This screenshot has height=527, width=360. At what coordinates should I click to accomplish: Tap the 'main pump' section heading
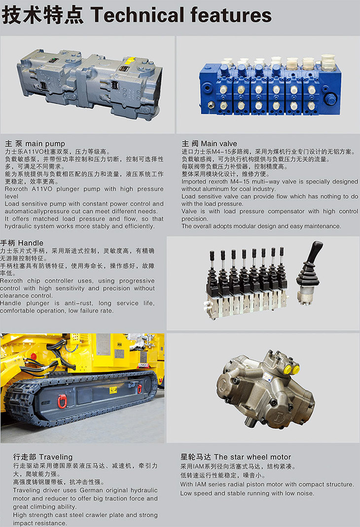45,144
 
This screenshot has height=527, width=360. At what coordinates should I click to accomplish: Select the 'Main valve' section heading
219,144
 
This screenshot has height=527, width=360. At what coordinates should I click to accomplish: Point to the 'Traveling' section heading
56,457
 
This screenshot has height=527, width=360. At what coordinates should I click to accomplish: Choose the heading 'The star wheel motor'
252,457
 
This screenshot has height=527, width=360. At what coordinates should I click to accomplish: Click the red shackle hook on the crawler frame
62,402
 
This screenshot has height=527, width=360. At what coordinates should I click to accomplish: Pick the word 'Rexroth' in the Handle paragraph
11,281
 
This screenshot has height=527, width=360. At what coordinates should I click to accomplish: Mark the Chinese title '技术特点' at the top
42,15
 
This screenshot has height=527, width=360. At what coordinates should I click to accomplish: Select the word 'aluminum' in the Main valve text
216,189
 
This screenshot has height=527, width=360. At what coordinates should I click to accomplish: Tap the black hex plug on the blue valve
331,99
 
